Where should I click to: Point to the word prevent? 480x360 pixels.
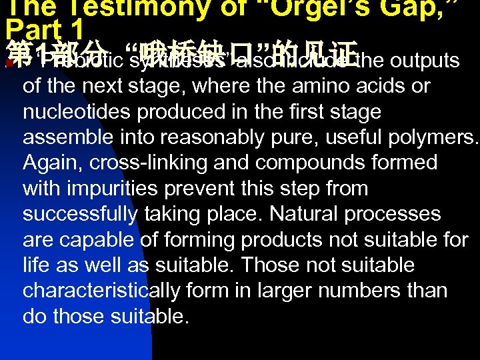coord(221,189)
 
